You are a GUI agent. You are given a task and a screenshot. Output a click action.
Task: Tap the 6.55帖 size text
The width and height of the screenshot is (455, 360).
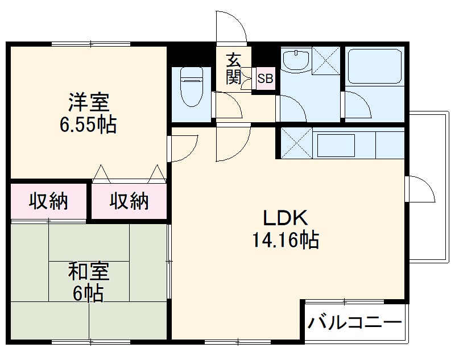point(88,124)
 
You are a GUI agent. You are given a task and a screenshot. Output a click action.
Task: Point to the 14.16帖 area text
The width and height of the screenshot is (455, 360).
point(285,240)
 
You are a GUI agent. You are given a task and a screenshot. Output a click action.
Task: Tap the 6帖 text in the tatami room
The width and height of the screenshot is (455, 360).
point(88,293)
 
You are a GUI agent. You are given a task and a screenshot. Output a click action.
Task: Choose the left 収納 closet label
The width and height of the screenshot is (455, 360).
point(48,201)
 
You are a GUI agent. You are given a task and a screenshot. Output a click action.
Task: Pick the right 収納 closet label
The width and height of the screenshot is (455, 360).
point(129,201)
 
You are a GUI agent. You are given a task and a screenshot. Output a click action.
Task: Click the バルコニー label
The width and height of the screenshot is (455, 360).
point(355,324)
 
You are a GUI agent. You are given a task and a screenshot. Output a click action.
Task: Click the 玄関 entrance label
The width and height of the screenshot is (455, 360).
point(233,69)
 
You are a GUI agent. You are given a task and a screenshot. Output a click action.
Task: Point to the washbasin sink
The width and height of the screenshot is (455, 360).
point(295,60)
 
